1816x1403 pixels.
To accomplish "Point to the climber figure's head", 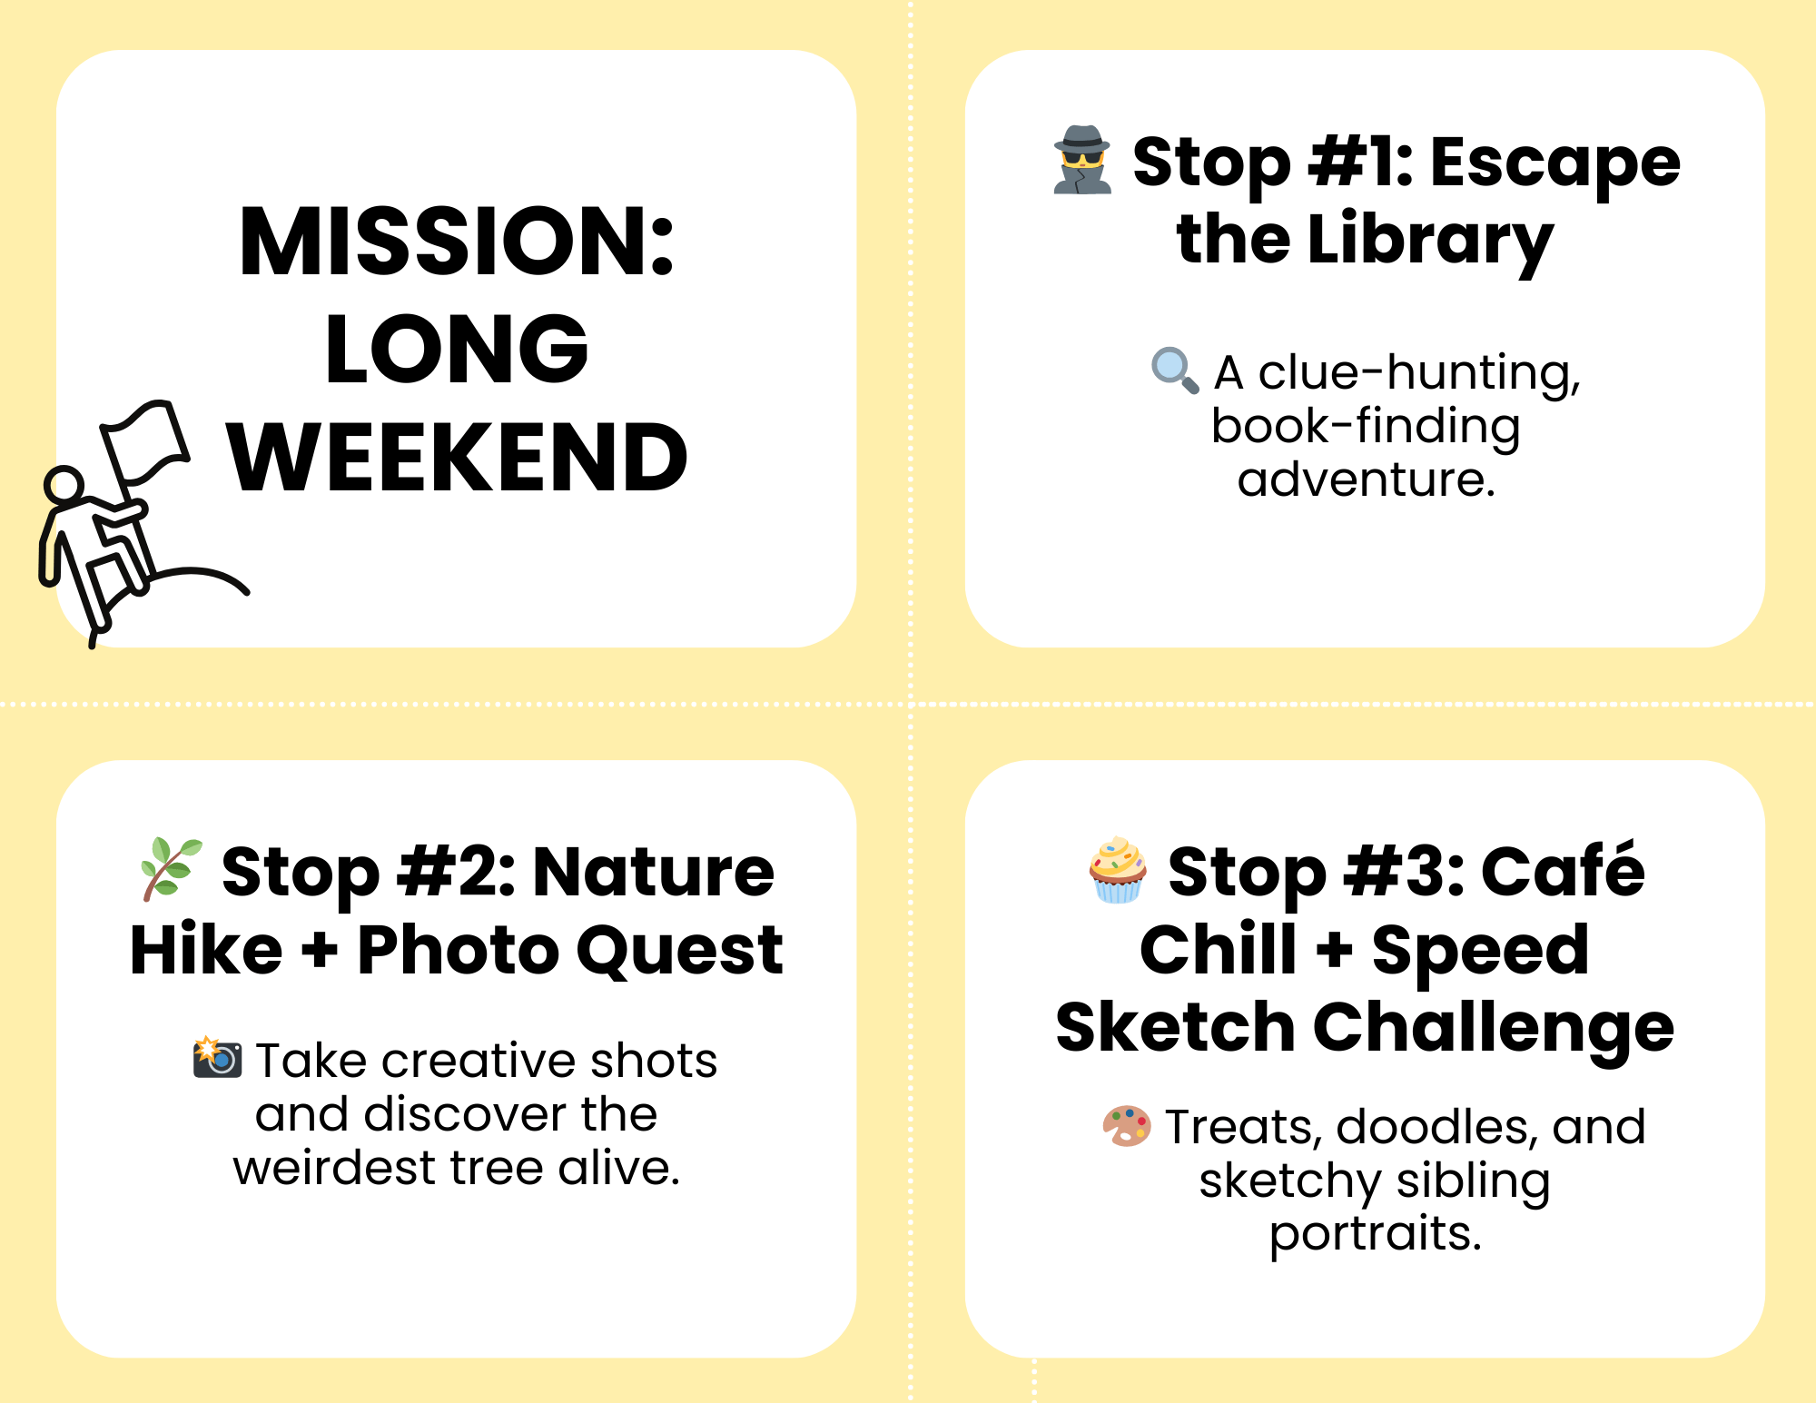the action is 64,485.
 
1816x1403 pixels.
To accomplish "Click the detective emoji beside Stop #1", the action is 1081,160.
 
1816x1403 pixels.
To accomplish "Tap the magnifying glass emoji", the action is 1175,370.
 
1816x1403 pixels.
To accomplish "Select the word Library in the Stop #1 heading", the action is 1430,241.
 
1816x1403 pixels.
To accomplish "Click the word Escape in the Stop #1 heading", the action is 1555,163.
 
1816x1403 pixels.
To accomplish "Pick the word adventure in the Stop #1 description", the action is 1366,479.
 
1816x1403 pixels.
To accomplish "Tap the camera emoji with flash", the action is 217,1057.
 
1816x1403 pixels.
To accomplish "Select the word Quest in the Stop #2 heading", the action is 679,950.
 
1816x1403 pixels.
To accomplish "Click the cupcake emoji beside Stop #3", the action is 1118,870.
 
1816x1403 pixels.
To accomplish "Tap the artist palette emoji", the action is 1127,1126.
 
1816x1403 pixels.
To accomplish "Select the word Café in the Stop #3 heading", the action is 1563,870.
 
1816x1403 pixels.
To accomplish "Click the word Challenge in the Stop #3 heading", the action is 1494,1029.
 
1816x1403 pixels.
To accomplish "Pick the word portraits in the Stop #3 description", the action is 1376,1234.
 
